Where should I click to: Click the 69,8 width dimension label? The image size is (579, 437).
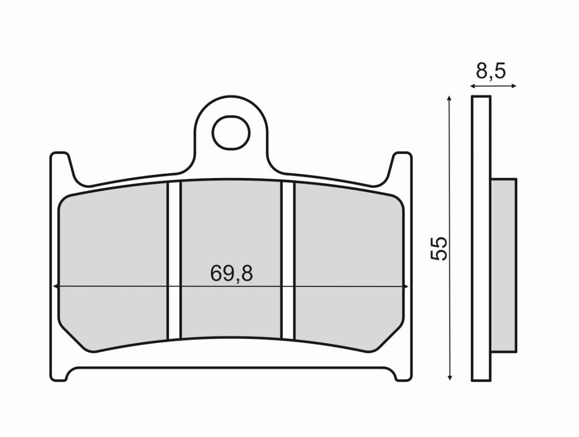(x=232, y=274)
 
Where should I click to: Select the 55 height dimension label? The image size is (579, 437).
(x=440, y=249)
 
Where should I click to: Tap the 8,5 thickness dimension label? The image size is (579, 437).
(x=490, y=71)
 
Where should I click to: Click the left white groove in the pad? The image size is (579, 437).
(x=174, y=260)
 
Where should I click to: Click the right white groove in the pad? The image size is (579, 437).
(x=288, y=260)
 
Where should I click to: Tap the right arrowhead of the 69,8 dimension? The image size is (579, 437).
(x=406, y=287)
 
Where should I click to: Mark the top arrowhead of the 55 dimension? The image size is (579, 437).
(x=449, y=98)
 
